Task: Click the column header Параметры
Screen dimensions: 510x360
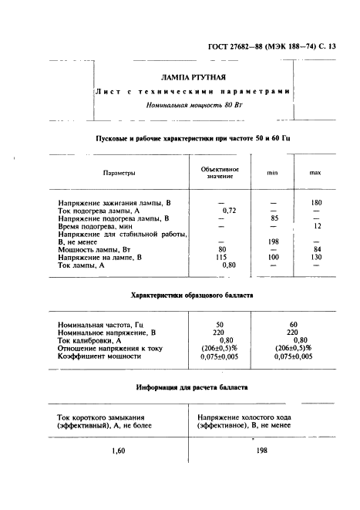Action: (x=119, y=173)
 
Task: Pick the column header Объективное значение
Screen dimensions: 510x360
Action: (x=220, y=173)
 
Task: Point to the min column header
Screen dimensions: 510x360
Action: (x=272, y=173)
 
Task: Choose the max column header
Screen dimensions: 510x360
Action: (x=315, y=173)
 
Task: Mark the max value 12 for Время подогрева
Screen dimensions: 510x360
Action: (x=316, y=226)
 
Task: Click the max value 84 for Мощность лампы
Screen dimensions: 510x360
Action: (x=316, y=249)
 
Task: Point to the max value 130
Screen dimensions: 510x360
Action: (x=315, y=257)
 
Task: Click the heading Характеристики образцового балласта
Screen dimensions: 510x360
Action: (x=191, y=296)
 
